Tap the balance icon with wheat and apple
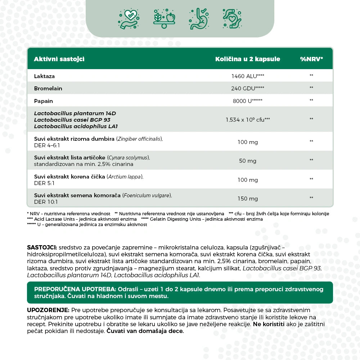tap(164, 19)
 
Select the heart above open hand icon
tap(129, 19)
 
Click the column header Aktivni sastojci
tap(59, 59)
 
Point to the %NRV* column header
tap(311, 59)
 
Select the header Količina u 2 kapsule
tap(247, 59)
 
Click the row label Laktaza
tap(44, 76)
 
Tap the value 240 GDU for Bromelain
tap(247, 88)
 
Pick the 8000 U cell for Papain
tap(247, 101)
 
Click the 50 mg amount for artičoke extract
tap(247, 161)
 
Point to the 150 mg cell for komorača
tap(247, 199)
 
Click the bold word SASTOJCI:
tap(42, 248)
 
